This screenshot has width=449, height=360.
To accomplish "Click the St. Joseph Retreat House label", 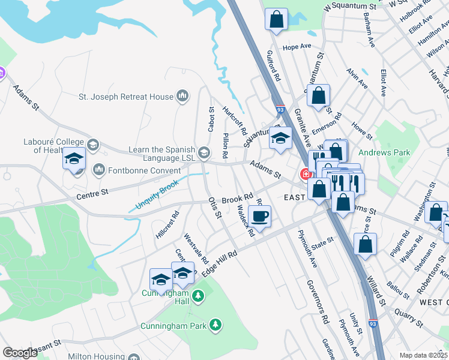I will [125, 96].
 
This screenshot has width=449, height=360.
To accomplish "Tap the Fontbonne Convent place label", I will [133, 170].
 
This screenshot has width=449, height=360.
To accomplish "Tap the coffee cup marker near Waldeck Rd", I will [259, 217].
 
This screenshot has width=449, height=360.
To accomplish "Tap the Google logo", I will [20, 353].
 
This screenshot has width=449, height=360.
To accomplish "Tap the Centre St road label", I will [92, 193].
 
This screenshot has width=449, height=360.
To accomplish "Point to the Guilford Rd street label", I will [274, 66].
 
